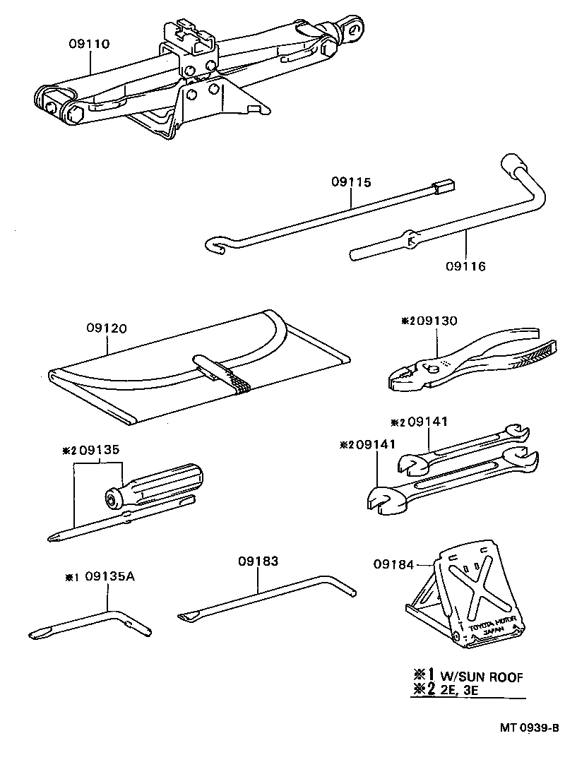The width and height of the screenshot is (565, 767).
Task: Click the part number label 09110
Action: (x=89, y=44)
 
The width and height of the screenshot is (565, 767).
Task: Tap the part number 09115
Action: (x=350, y=182)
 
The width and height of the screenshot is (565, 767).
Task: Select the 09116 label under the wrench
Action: (x=465, y=266)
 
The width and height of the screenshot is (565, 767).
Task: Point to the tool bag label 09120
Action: (x=107, y=328)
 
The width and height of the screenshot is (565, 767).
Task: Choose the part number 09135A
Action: (x=109, y=576)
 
